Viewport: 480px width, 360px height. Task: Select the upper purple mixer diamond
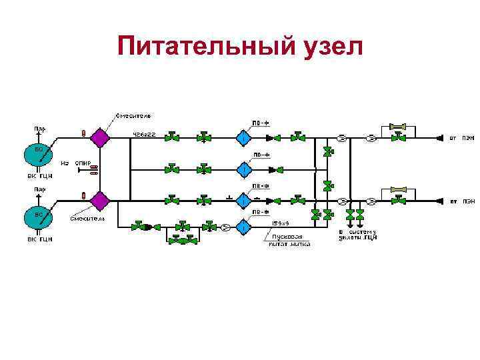coord(101,138)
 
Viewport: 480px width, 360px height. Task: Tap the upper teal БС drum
coord(38,155)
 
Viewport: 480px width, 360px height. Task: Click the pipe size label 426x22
coord(143,134)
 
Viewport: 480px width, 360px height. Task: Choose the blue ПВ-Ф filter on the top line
coord(243,138)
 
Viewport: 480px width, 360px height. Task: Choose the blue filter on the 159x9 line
coord(243,227)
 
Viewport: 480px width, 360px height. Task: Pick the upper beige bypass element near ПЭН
coord(398,126)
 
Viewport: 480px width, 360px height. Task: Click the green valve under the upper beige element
coord(398,138)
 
